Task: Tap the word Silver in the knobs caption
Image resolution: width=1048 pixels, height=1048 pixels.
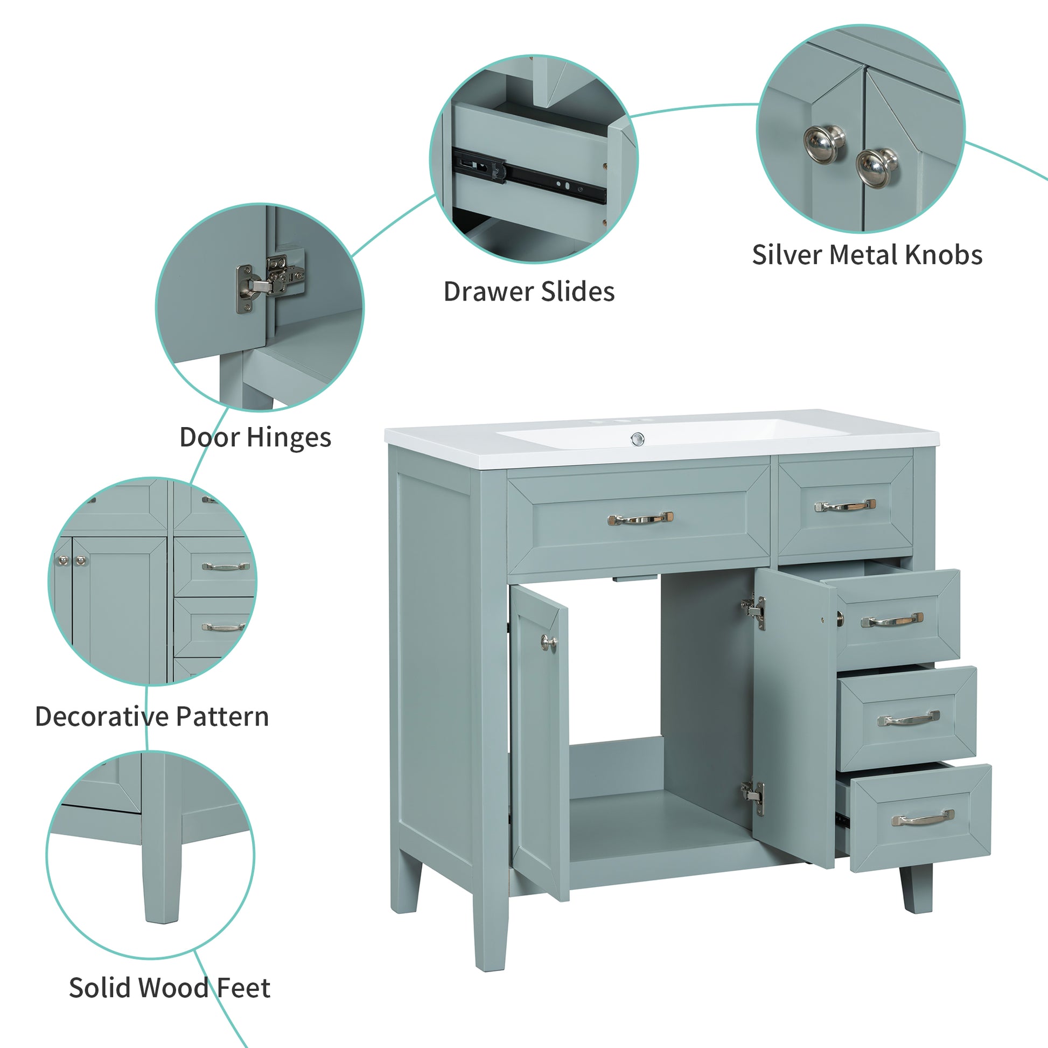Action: tap(786, 255)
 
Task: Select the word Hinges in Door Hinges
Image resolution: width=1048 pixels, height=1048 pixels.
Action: tap(289, 438)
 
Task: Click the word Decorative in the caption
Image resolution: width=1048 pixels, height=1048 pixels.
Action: tap(94, 717)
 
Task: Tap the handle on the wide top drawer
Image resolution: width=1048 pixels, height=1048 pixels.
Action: tap(640, 519)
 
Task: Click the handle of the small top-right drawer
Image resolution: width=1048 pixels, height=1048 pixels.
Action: tap(845, 506)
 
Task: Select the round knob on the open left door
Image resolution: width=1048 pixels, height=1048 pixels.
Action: tap(548, 644)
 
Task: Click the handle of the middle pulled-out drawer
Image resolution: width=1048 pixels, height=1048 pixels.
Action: tap(909, 719)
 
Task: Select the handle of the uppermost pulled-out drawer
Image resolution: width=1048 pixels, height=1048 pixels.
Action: tap(892, 619)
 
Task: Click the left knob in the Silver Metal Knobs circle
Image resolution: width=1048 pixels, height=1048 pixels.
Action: tap(824, 144)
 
